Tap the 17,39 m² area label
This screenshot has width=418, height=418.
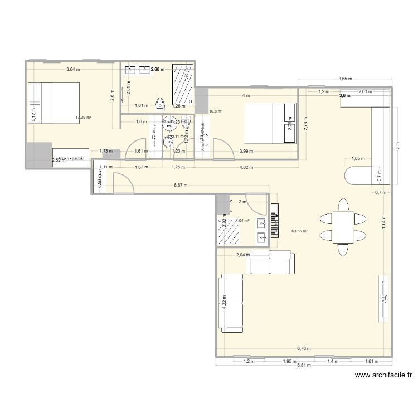tap(84, 118)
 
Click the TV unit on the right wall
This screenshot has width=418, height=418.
tap(383, 298)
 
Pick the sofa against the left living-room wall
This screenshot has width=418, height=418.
tap(232, 303)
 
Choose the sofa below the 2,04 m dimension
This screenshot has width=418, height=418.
tap(270, 263)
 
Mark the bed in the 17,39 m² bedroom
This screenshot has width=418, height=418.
tap(54, 102)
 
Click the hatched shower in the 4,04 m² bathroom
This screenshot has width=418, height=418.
tap(229, 231)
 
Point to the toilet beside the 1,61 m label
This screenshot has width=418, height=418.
tap(161, 104)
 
